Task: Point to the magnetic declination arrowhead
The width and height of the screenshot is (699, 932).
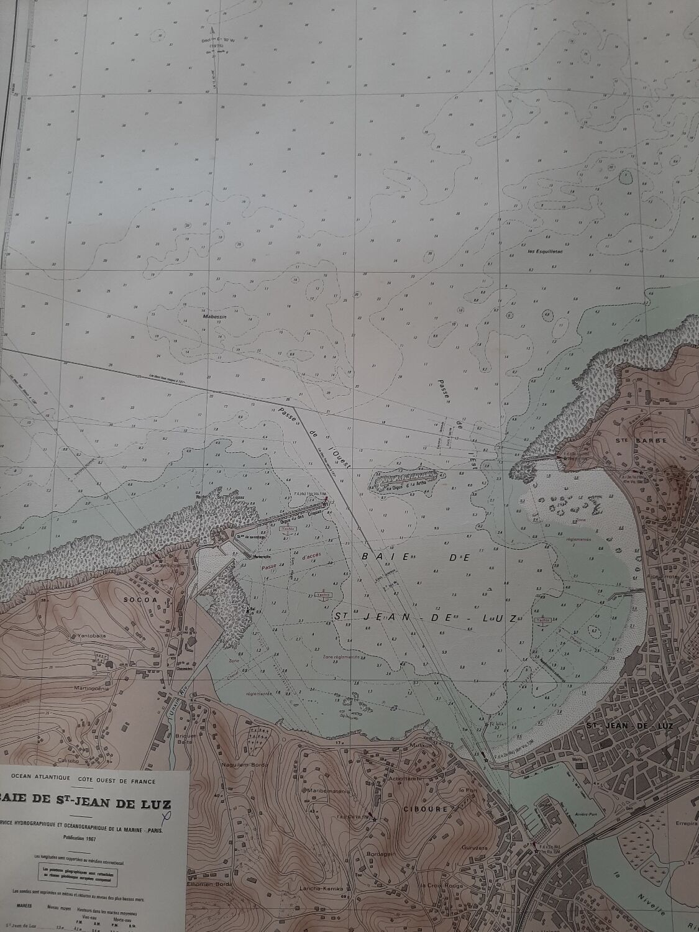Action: (212, 29)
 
